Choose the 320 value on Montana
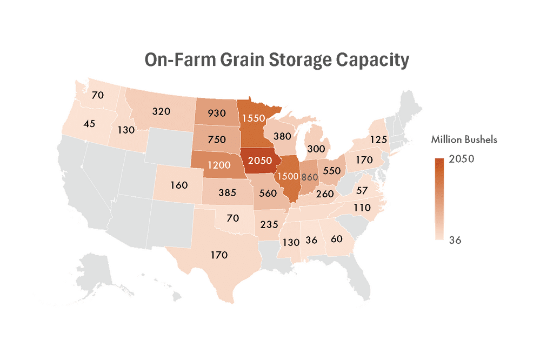coord(161,111)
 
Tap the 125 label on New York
coord(378,139)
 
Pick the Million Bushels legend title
coord(464,140)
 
